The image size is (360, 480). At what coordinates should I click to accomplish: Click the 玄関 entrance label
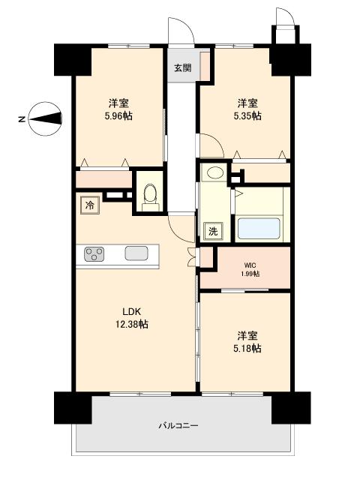pyautogui.click(x=183, y=68)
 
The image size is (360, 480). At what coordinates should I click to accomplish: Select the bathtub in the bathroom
pyautogui.click(x=259, y=228)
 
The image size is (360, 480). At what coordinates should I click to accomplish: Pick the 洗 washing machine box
pyautogui.click(x=213, y=231)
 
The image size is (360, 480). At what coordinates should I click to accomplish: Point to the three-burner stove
pyautogui.click(x=94, y=254)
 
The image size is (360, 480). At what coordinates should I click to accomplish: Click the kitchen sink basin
pyautogui.click(x=136, y=253)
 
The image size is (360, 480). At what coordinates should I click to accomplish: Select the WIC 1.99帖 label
pyautogui.click(x=250, y=269)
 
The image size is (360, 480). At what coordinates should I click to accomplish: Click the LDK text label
pyautogui.click(x=132, y=312)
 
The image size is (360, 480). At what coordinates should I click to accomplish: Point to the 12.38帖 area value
pyautogui.click(x=132, y=324)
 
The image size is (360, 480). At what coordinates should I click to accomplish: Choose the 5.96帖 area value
pyautogui.click(x=118, y=116)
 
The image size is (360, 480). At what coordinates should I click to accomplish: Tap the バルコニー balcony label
pyautogui.click(x=178, y=425)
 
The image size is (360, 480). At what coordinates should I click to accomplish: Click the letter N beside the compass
pyautogui.click(x=22, y=119)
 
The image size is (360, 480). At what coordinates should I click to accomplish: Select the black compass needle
pyautogui.click(x=45, y=118)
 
